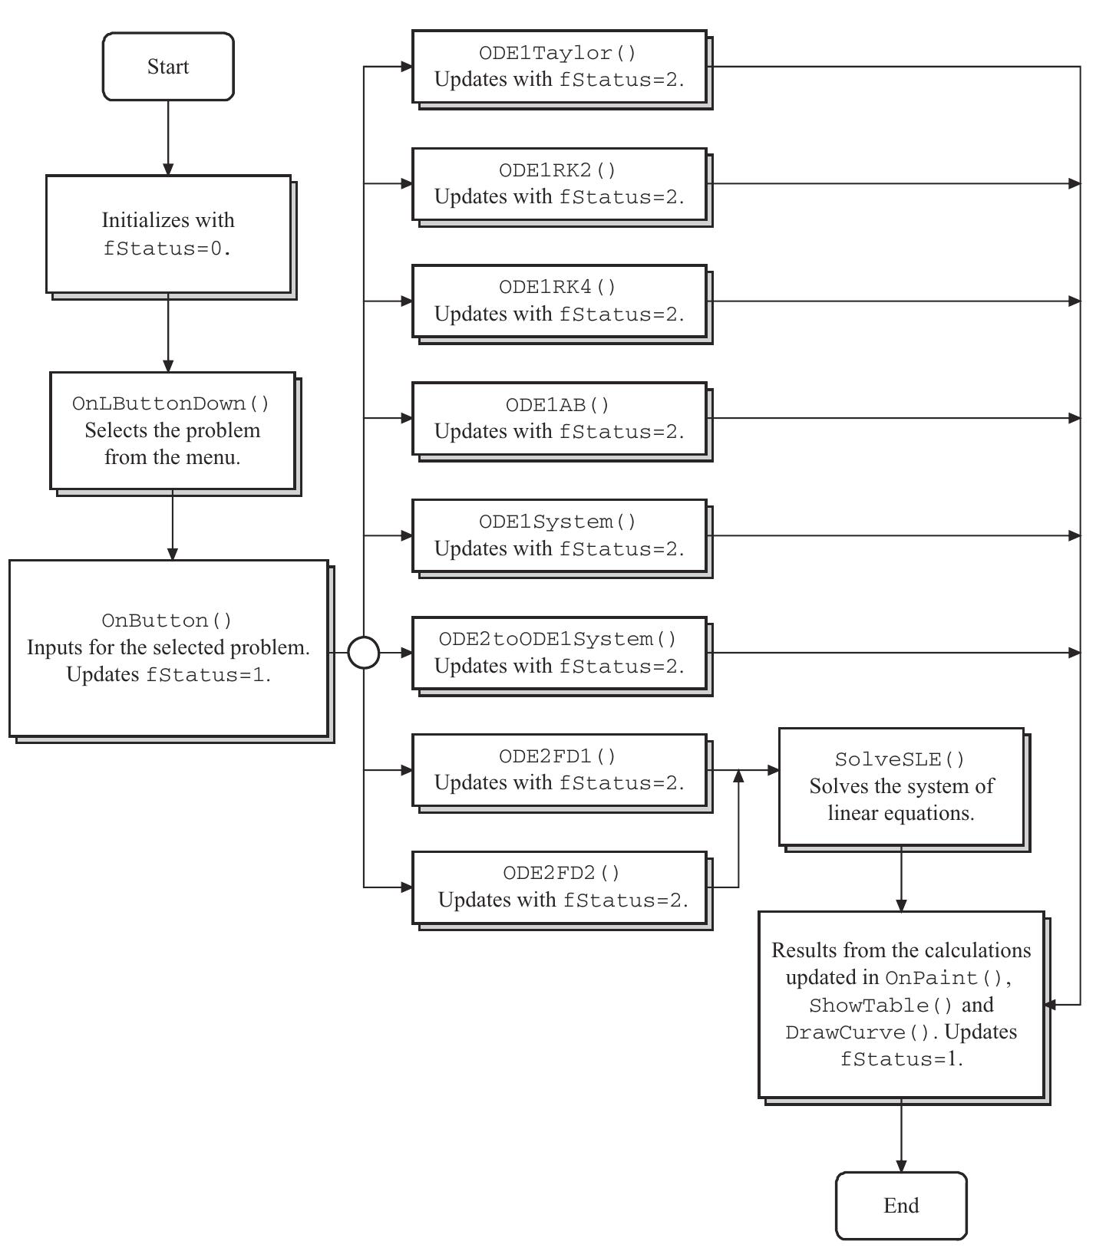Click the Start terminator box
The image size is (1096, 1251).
[168, 67]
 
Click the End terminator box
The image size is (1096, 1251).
[901, 1205]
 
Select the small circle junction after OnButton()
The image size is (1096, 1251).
[364, 653]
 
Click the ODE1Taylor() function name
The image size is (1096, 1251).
[558, 53]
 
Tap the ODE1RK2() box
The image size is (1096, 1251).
[559, 184]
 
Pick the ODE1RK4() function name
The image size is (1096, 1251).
[558, 287]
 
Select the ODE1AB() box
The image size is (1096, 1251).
[559, 419]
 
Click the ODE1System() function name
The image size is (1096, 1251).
[558, 522]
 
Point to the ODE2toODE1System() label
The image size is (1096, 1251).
[558, 639]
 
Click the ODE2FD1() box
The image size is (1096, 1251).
[559, 770]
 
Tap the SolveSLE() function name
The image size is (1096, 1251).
[900, 759]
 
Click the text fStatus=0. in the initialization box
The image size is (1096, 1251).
[167, 249]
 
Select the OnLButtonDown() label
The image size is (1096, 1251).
[171, 403]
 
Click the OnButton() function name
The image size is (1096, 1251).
[167, 620]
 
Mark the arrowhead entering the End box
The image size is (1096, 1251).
[901, 1165]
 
